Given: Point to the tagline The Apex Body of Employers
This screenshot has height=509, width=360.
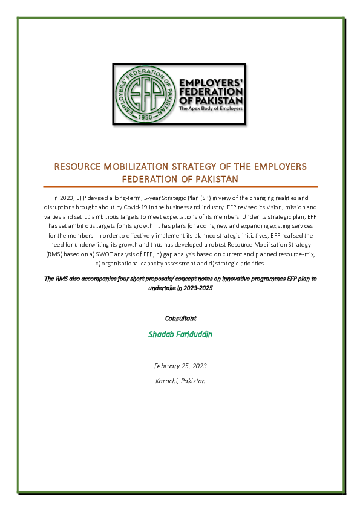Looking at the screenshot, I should pos(210,109).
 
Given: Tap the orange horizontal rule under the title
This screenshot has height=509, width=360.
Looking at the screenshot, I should pos(180,187).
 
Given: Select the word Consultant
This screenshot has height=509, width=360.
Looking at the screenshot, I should pos(180,318).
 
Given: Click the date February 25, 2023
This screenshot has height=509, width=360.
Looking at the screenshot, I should pos(180,366).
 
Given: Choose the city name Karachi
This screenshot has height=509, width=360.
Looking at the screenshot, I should pos(167,381).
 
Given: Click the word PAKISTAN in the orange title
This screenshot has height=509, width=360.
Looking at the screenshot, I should pos(216,179).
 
